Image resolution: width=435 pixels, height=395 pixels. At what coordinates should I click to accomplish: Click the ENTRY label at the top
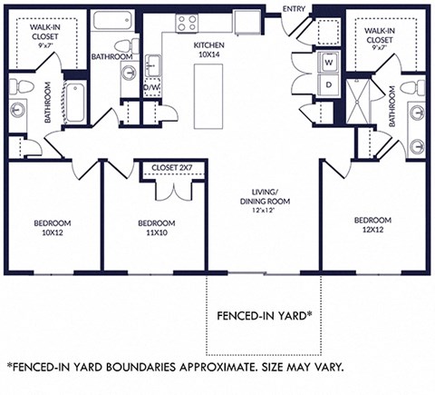(x=295, y=9)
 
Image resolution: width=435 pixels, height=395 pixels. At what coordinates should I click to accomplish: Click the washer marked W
(x=329, y=63)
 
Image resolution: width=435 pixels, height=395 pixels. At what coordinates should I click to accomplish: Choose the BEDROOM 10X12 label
(x=53, y=228)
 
